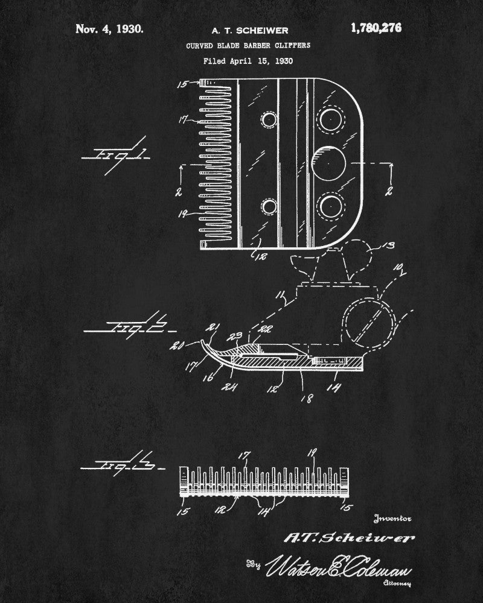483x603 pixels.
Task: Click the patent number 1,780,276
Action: click(x=375, y=28)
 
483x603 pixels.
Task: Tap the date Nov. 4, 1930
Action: click(x=110, y=29)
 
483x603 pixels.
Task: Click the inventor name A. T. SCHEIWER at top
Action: click(x=251, y=30)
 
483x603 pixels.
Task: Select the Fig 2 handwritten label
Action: click(x=128, y=327)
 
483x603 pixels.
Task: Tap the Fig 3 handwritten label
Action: click(x=116, y=464)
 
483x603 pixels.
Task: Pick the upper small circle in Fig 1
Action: click(x=268, y=121)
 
